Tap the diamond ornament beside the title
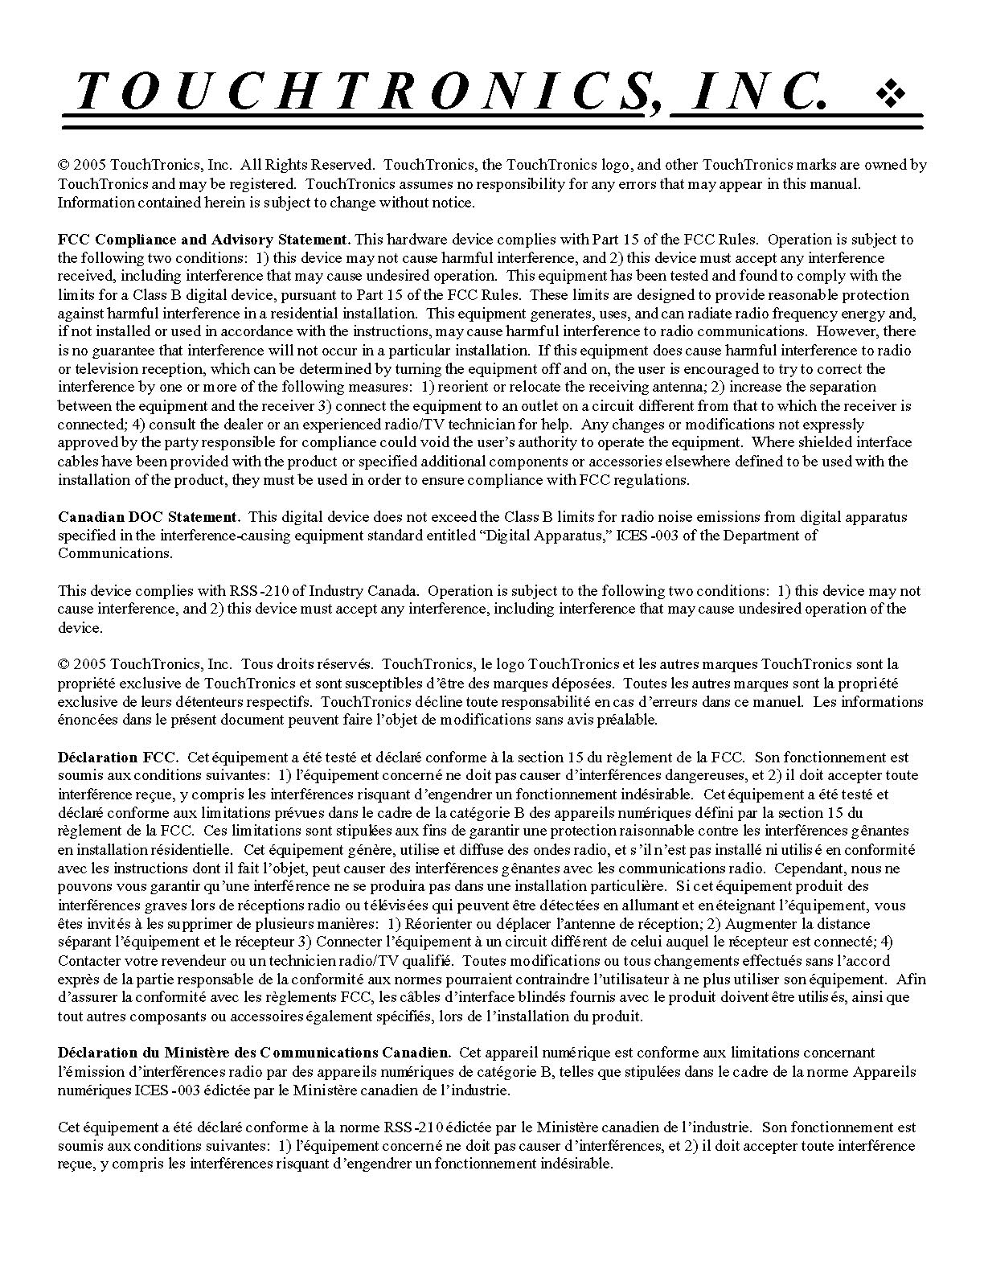point(891,94)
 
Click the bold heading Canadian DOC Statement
point(149,517)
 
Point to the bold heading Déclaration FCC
point(117,758)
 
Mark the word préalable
point(628,721)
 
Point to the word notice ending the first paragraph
point(454,203)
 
